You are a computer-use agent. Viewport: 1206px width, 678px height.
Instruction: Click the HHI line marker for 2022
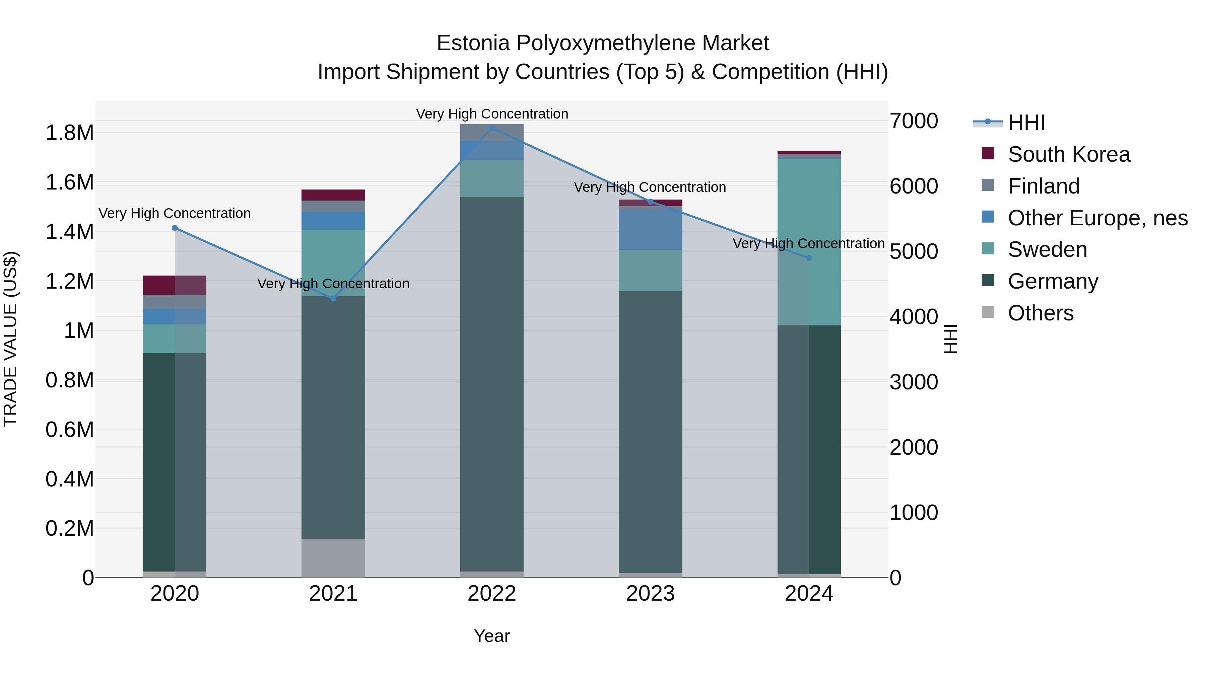pyautogui.click(x=491, y=128)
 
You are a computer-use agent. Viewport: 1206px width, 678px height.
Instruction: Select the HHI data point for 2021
pyautogui.click(x=333, y=299)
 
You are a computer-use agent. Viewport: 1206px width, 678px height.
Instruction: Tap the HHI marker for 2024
pyautogui.click(x=809, y=258)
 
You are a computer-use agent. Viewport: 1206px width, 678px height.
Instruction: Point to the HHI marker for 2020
pyautogui.click(x=175, y=228)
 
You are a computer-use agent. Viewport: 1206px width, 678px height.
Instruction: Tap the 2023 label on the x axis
pyautogui.click(x=650, y=594)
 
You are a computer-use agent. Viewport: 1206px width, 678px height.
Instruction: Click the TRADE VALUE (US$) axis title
pyautogui.click(x=10, y=339)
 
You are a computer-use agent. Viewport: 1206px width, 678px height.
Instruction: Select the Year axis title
pyautogui.click(x=491, y=636)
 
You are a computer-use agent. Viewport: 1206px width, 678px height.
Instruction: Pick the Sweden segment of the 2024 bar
pyautogui.click(x=809, y=242)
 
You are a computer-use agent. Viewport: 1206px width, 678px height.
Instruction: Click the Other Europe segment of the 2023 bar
pyautogui.click(x=650, y=229)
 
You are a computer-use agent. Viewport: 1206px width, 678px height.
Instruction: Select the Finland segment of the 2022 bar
pyautogui.click(x=491, y=132)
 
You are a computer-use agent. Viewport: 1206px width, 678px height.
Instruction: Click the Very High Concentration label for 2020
pyautogui.click(x=175, y=213)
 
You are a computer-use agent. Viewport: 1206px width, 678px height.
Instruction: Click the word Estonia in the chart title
pyautogui.click(x=473, y=44)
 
